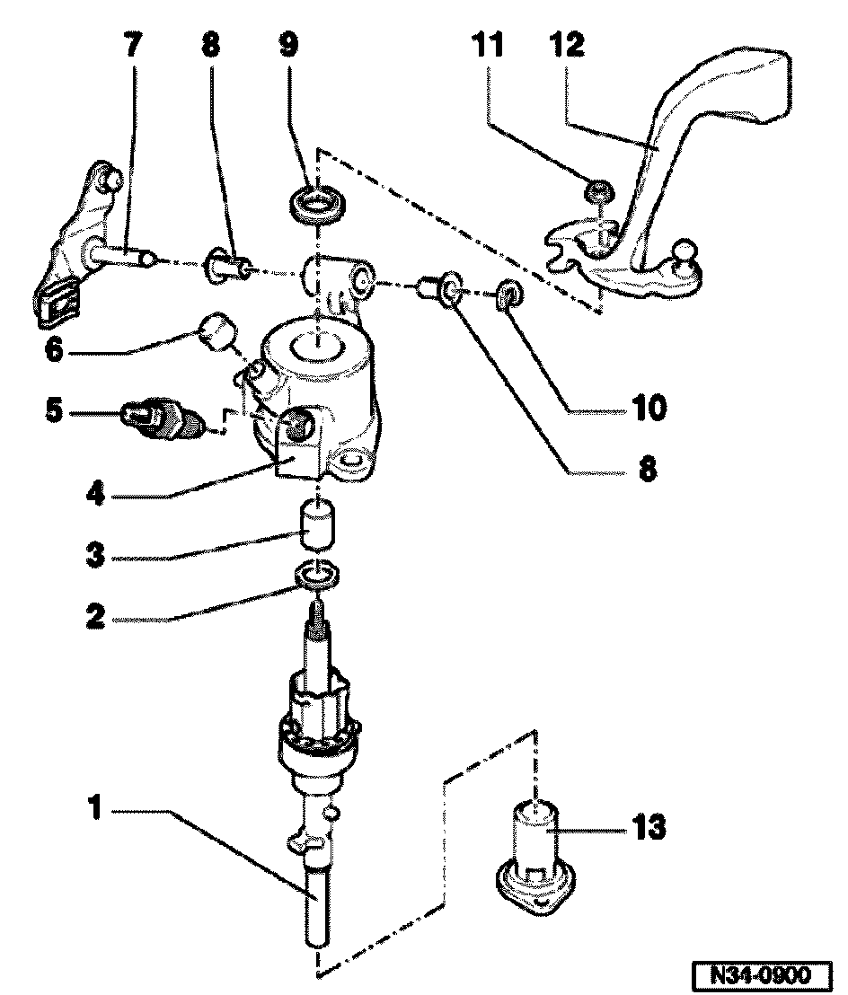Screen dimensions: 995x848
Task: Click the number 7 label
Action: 131,45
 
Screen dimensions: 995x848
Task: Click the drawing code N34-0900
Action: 763,975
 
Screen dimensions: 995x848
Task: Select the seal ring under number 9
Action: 316,201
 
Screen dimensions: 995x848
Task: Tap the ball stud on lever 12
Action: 686,249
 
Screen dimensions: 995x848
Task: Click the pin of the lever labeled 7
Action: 120,257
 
